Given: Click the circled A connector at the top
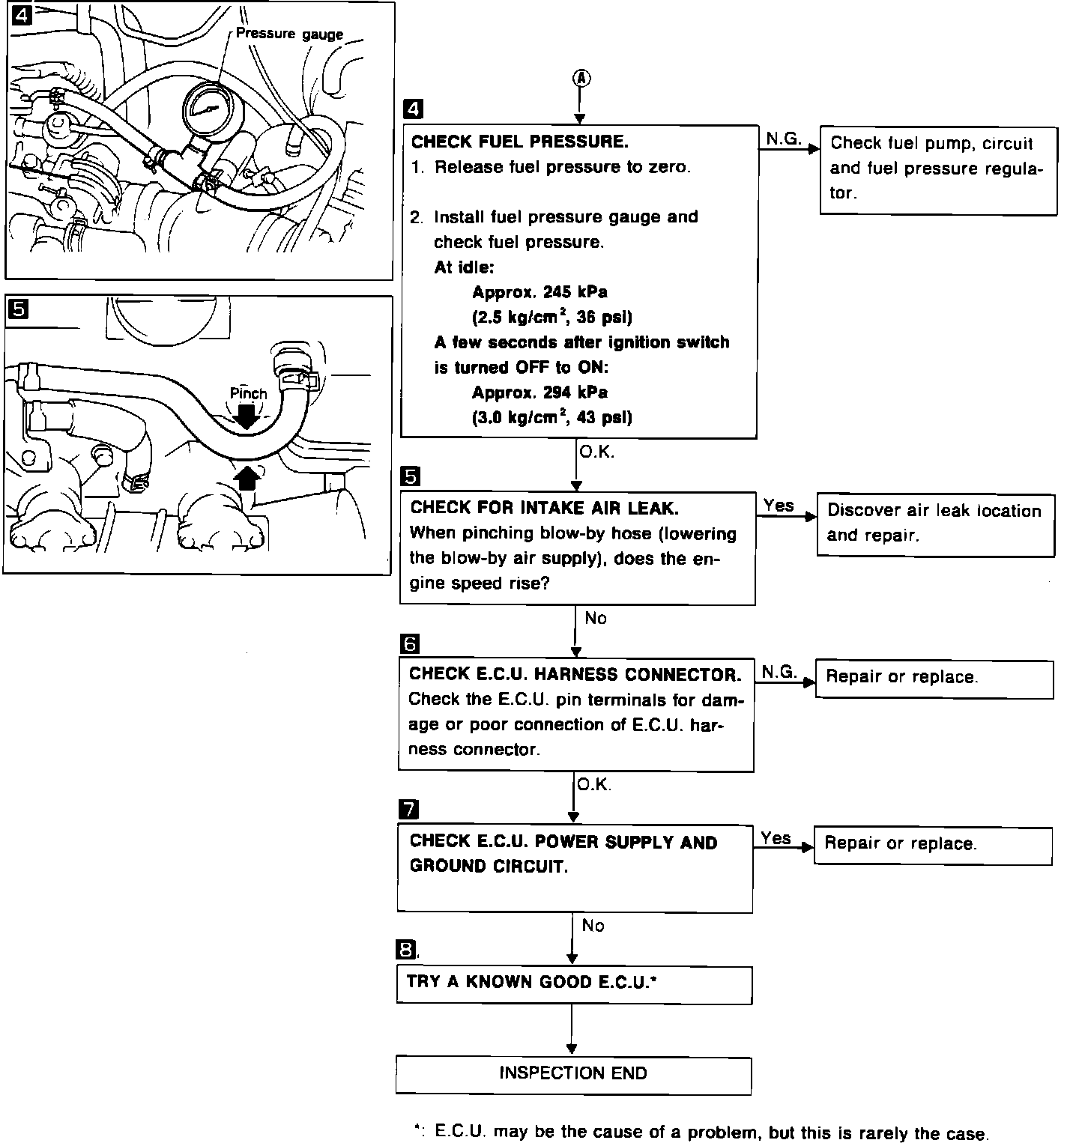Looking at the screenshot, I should pyautogui.click(x=581, y=79).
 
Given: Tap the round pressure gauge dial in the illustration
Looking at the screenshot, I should pyautogui.click(x=205, y=109).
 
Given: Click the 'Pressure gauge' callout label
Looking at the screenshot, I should pyautogui.click(x=289, y=34).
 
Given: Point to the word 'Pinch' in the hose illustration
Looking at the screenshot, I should pyautogui.click(x=248, y=393).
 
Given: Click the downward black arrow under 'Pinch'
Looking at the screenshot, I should pyautogui.click(x=247, y=416).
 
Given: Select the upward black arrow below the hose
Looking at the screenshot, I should pyautogui.click(x=248, y=477).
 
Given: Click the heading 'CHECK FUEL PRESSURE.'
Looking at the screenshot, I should pyautogui.click(x=520, y=142).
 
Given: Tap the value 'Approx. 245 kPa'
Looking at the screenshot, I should pyautogui.click(x=539, y=292).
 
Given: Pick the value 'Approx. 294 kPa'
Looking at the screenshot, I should pyautogui.click(x=539, y=392).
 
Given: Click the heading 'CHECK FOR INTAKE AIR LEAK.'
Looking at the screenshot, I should pyautogui.click(x=544, y=508).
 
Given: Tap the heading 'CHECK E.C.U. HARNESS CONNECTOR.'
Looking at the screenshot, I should pyautogui.click(x=575, y=674).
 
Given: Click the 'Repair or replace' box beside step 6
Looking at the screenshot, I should pyautogui.click(x=934, y=679).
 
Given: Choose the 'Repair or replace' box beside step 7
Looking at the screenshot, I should pyautogui.click(x=933, y=845).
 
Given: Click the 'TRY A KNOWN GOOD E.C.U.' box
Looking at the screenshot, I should pyautogui.click(x=574, y=984).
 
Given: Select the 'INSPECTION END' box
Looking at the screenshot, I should pyautogui.click(x=573, y=1074).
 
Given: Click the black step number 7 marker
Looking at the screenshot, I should pyautogui.click(x=409, y=809).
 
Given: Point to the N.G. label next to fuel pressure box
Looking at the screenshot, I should pyautogui.click(x=783, y=139).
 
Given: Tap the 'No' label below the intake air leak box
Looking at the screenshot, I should pyautogui.click(x=596, y=619).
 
